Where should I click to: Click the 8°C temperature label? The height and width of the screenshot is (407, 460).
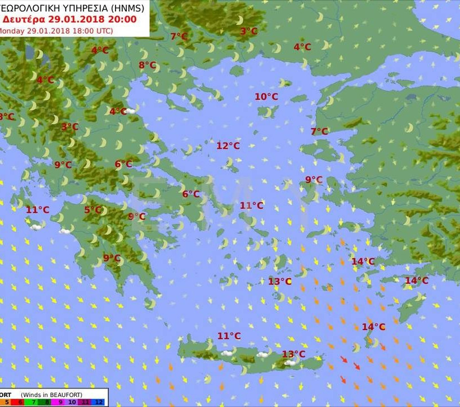tap(147, 65)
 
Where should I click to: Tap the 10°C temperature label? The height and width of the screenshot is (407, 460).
tap(266, 96)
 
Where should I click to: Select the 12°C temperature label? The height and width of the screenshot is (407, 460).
tap(228, 146)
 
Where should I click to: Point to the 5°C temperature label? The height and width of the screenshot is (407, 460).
tap(93, 210)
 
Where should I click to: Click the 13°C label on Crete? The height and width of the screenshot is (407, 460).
tap(293, 354)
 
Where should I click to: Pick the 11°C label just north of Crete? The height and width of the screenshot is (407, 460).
tap(229, 336)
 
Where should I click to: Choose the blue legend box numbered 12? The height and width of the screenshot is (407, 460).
tap(99, 402)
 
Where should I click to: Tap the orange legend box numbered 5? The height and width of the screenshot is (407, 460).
tap(6, 402)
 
